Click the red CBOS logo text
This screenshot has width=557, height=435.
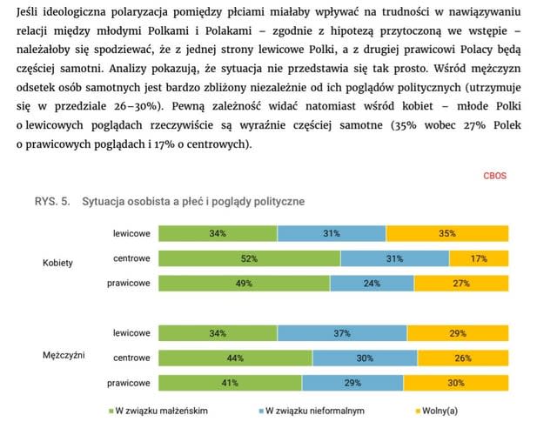[494, 176]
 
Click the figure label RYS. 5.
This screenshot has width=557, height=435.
[51, 202]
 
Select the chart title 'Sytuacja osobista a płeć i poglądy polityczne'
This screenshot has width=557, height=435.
[192, 202]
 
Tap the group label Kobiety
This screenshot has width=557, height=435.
[57, 262]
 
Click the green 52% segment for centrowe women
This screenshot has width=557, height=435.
[249, 258]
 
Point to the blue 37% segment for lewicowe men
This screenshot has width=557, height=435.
[341, 333]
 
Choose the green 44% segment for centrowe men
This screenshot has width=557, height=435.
[235, 358]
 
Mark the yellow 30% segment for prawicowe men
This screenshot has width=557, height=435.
[455, 383]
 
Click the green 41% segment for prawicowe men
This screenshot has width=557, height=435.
[230, 383]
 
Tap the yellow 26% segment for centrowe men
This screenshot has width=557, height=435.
[462, 358]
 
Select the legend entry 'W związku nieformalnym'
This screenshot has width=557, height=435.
[313, 412]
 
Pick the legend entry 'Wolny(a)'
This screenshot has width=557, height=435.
[440, 412]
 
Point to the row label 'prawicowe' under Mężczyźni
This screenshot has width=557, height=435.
[129, 383]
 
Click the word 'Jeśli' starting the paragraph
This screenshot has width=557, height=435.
[30, 10]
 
